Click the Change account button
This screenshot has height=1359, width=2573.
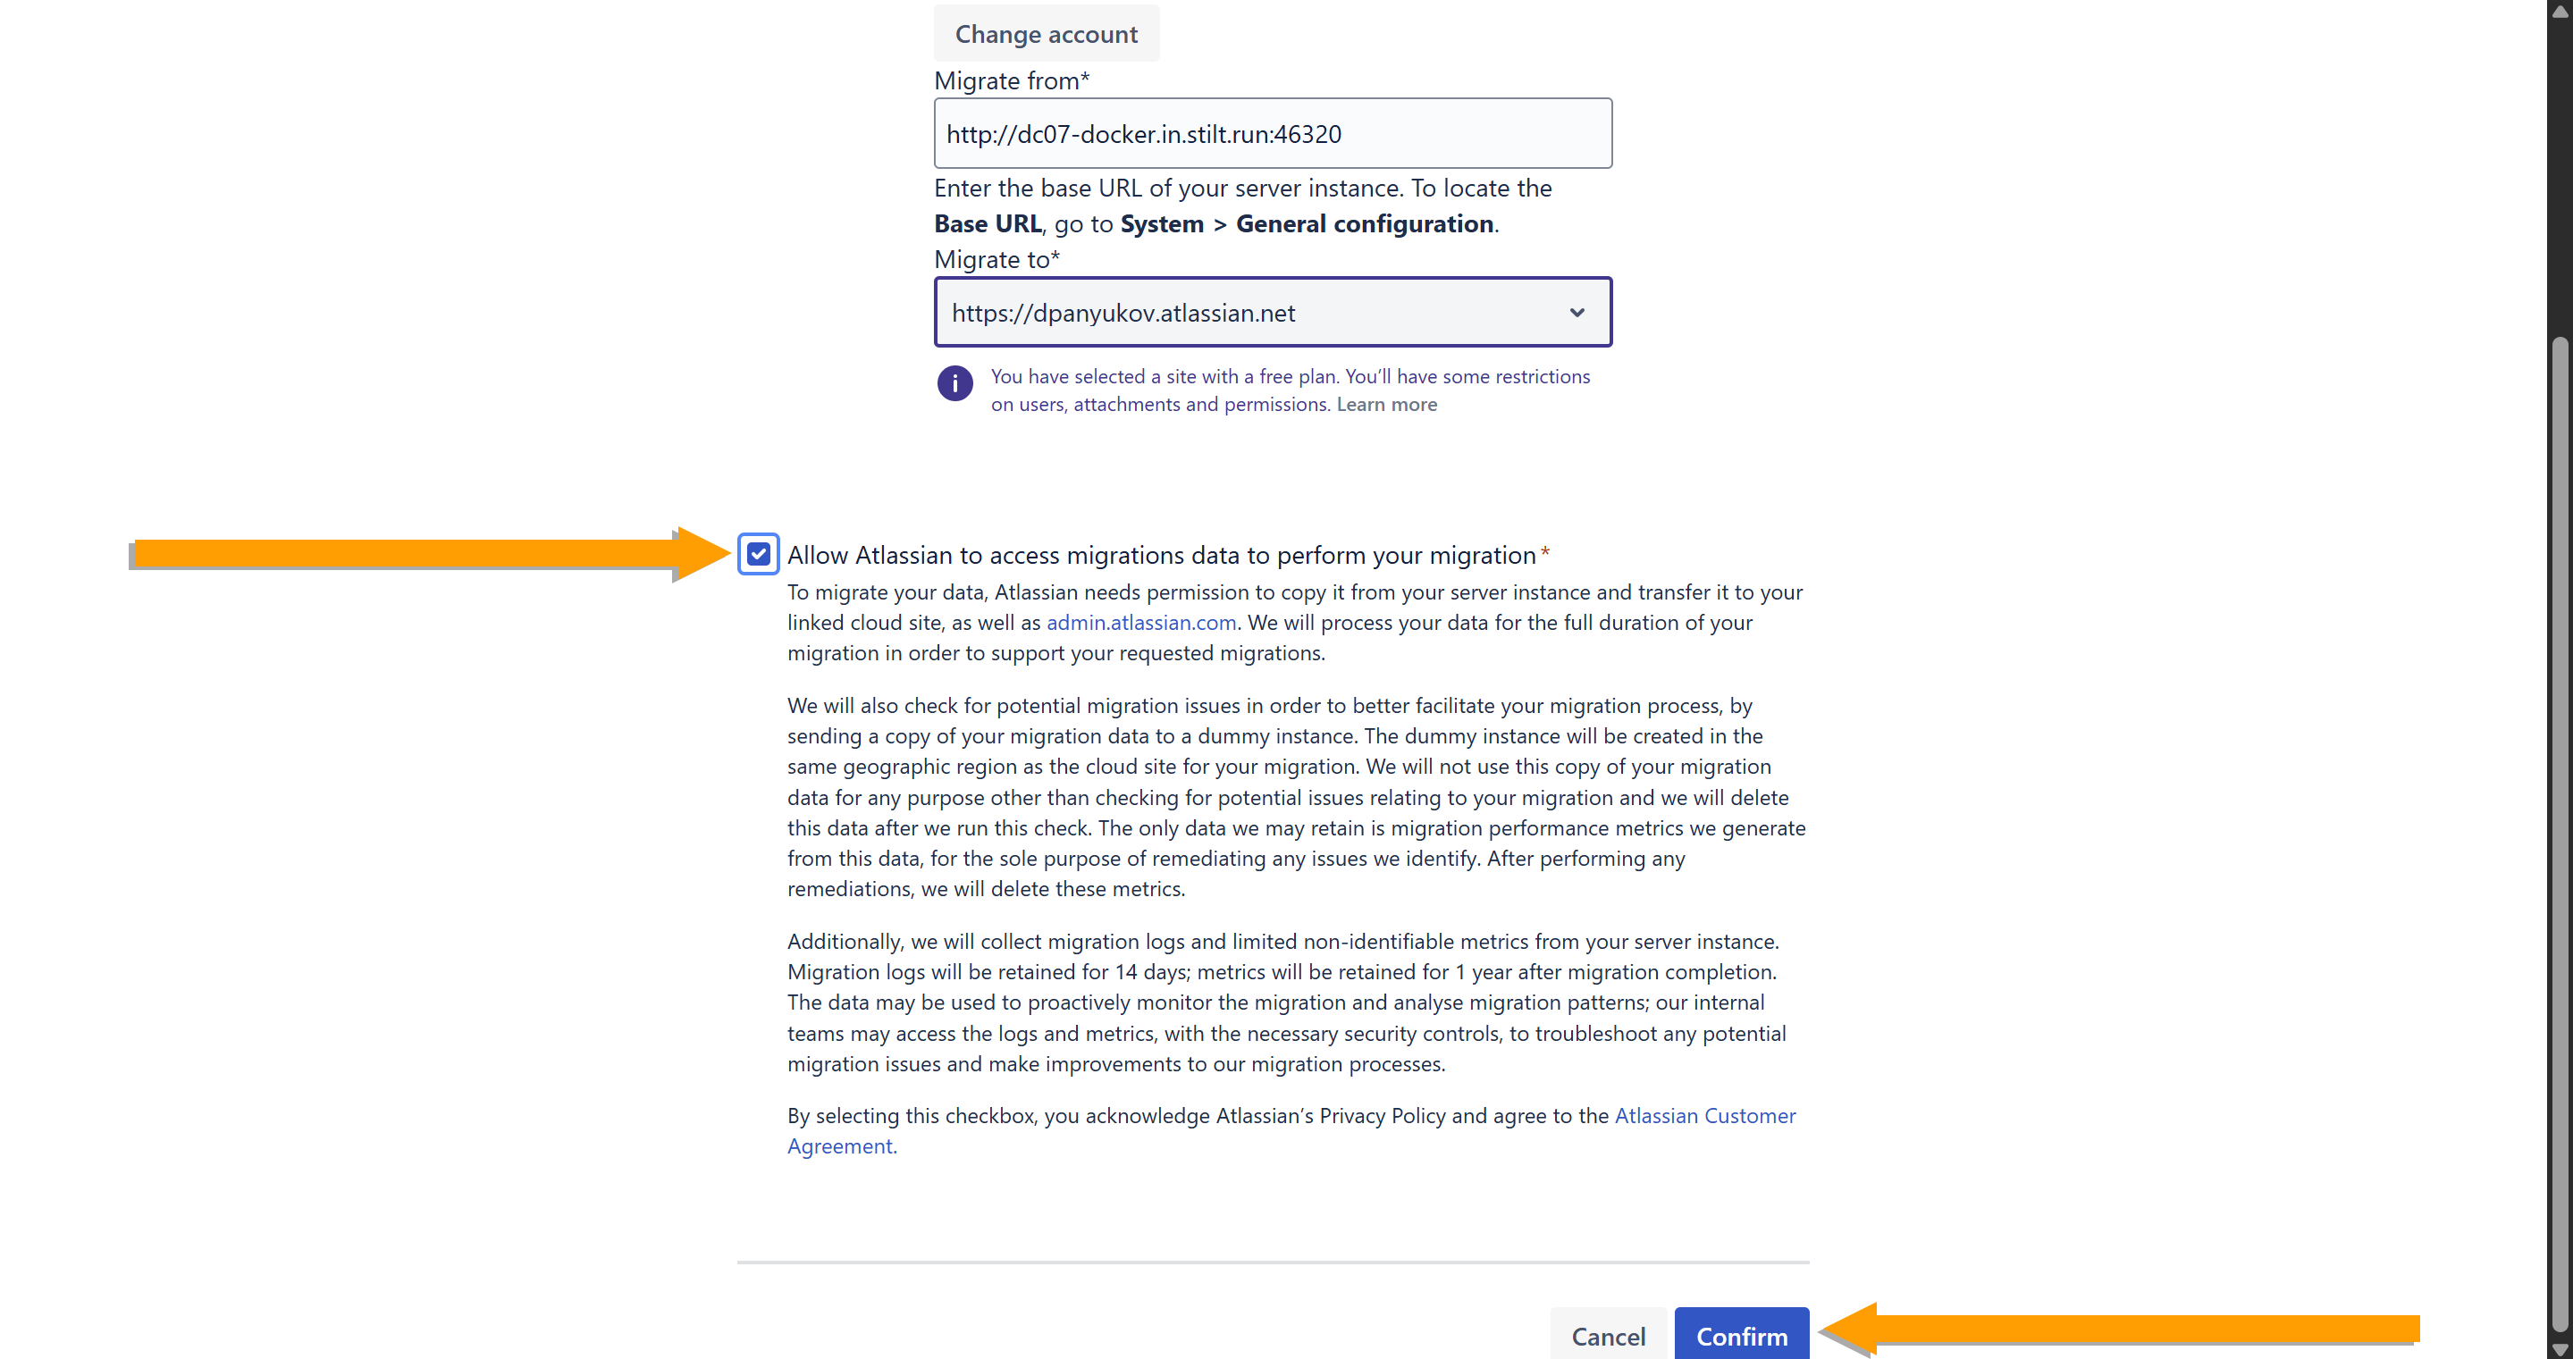[x=1046, y=34]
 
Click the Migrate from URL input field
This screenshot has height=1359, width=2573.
[x=1272, y=134]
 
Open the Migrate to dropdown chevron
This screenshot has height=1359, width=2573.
[x=1577, y=313]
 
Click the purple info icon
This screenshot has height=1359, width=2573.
[x=954, y=383]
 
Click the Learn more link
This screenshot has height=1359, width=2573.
[x=1386, y=405]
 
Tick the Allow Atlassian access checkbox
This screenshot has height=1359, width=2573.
[x=758, y=554]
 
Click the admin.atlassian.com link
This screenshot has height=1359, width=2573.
[x=1140, y=622]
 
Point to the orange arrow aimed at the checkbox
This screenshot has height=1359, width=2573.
[x=430, y=553]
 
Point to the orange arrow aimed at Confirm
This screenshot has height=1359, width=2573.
[x=2117, y=1329]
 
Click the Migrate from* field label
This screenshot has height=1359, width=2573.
[x=1011, y=81]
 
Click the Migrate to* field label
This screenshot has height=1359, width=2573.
[x=996, y=260]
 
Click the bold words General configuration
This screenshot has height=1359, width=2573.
[x=1365, y=223]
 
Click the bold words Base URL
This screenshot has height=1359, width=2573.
[x=987, y=223]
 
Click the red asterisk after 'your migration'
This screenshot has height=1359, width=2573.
[x=1544, y=552]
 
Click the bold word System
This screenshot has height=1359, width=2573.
[x=1162, y=223]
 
